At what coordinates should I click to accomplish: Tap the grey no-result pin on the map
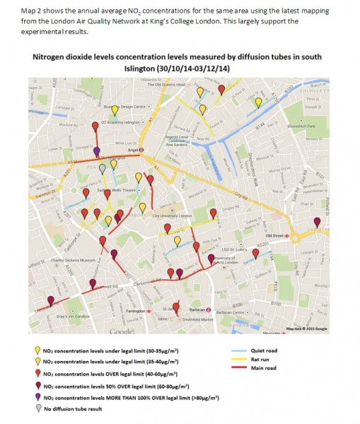pyautogui.click(x=103, y=168)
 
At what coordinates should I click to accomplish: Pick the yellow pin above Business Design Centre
pyautogui.click(x=115, y=110)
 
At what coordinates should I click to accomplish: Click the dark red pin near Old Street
pyautogui.click(x=317, y=223)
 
